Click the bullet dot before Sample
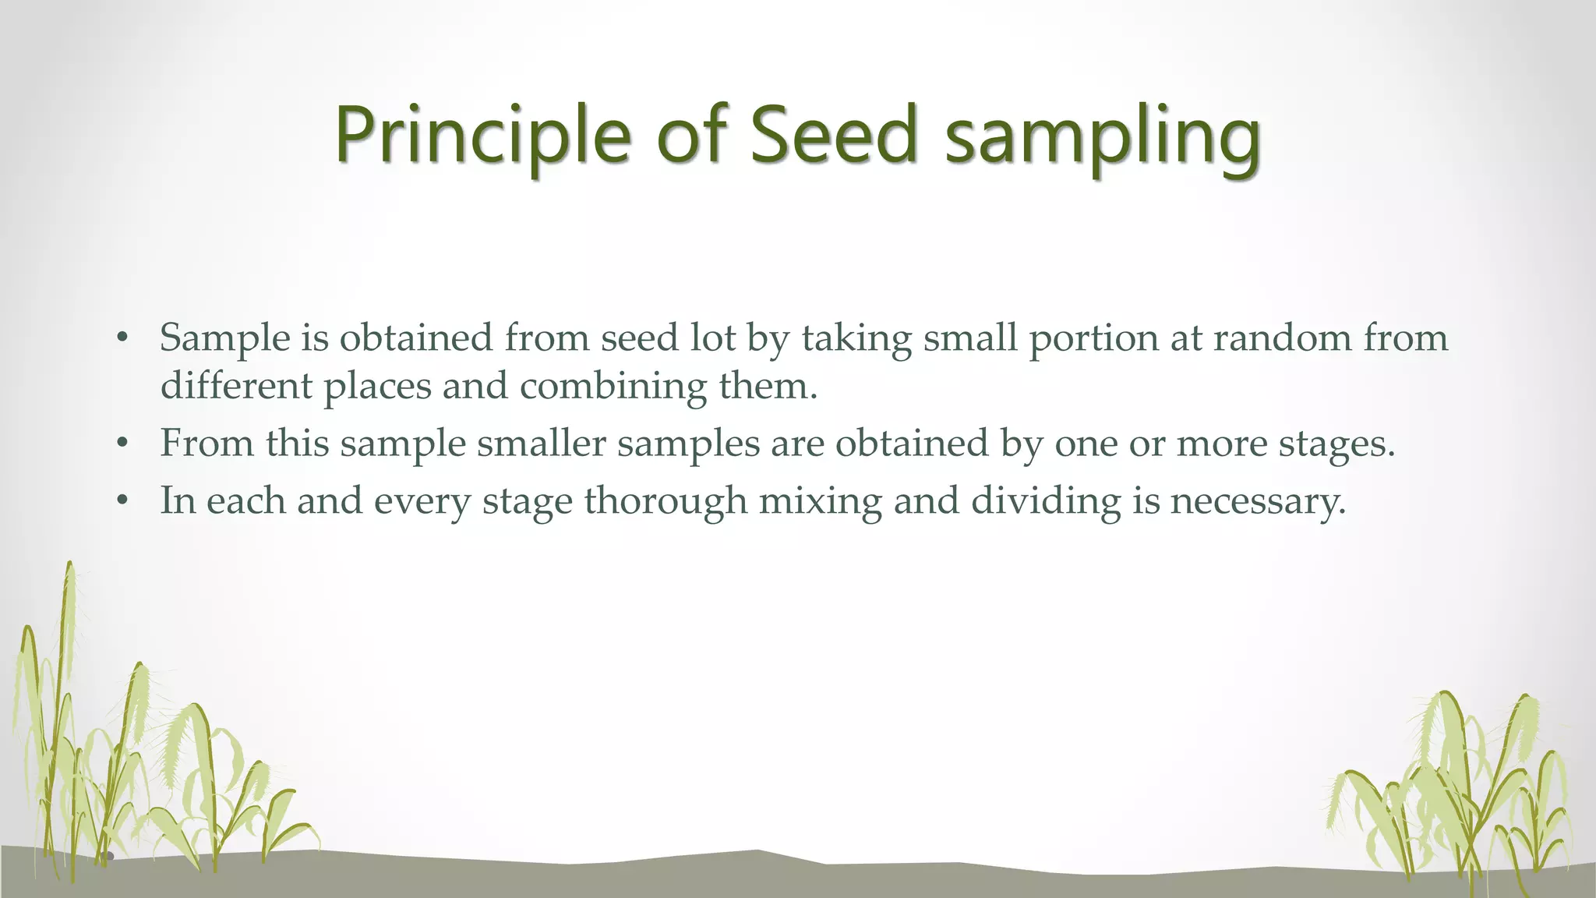click(x=121, y=338)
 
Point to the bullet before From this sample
click(x=121, y=444)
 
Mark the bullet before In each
click(x=121, y=500)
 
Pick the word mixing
click(x=820, y=501)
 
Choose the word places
click(x=377, y=387)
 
